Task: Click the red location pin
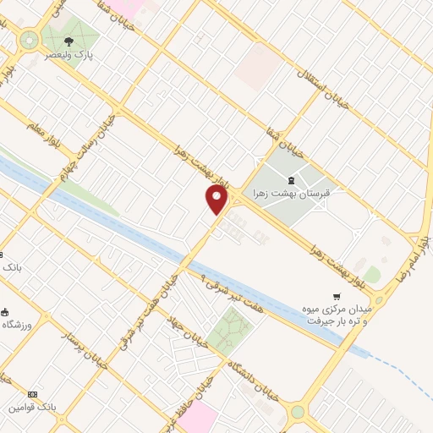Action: coord(217,200)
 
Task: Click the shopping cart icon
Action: coord(337,297)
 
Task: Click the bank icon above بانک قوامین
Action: coord(32,394)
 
